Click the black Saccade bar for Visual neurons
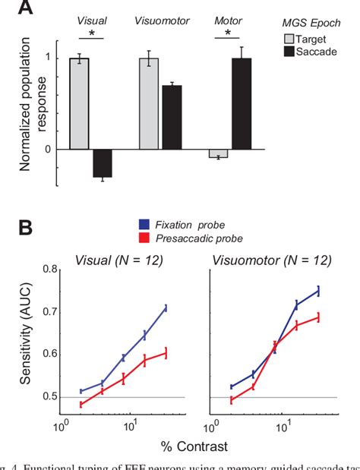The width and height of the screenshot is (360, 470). pos(102,162)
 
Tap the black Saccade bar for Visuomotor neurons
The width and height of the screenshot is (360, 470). pos(172,117)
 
